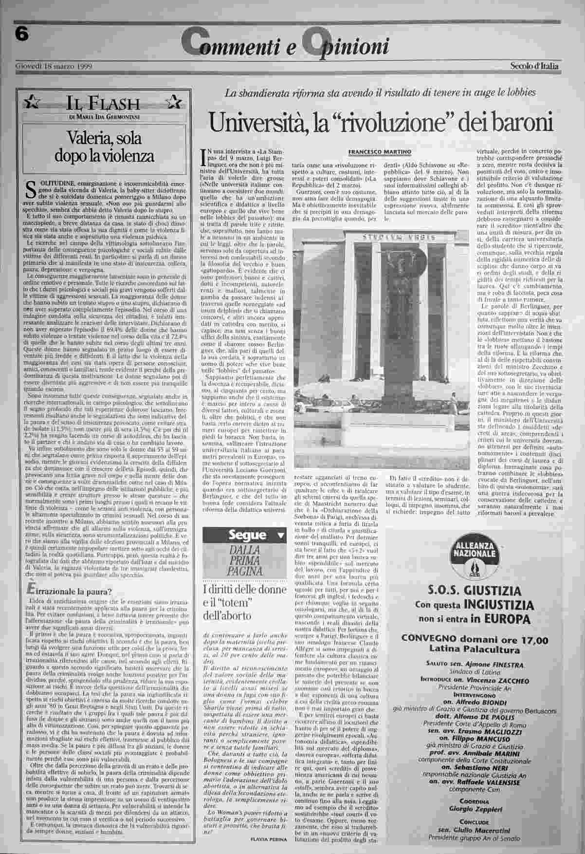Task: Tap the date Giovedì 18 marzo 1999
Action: tap(54, 66)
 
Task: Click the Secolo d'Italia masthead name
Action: tap(534, 66)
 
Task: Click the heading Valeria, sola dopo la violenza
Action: tap(105, 147)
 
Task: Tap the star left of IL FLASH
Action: tap(33, 102)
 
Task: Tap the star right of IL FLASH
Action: tap(172, 102)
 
